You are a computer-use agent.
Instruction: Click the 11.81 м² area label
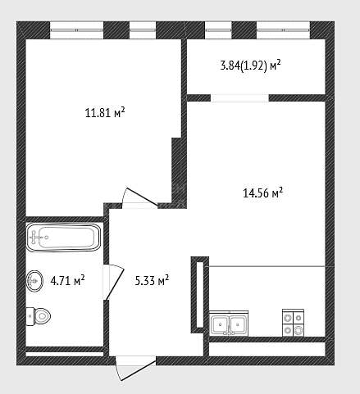(105, 112)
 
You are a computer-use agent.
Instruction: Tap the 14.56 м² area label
(262, 192)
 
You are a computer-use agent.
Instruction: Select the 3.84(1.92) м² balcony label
(251, 66)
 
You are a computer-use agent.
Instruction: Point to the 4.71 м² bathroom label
(67, 280)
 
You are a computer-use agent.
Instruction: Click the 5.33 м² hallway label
(152, 280)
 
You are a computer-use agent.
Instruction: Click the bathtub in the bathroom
(63, 237)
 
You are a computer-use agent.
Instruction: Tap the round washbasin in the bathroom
(34, 281)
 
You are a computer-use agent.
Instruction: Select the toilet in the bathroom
(39, 316)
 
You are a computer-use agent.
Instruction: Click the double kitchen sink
(229, 324)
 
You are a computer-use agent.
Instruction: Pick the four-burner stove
(293, 323)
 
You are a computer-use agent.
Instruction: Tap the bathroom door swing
(113, 282)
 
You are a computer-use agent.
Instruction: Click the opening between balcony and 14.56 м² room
(239, 98)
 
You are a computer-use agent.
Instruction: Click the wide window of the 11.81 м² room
(76, 30)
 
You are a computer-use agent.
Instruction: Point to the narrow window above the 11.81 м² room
(143, 30)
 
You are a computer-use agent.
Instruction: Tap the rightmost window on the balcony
(283, 30)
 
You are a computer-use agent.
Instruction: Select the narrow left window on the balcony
(218, 30)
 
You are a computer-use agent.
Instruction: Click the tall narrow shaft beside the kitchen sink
(200, 295)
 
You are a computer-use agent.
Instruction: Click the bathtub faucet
(34, 237)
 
